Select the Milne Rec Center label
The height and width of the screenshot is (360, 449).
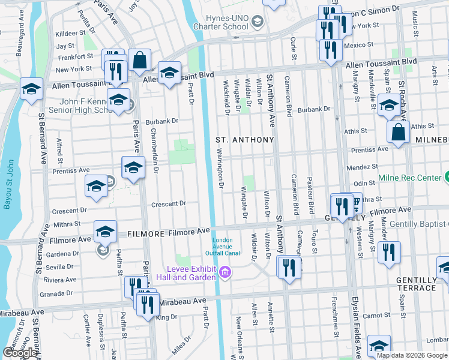[x=409, y=178]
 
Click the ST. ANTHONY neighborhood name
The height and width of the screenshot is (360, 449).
[x=244, y=140]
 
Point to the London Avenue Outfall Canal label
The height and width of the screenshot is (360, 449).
[x=226, y=247]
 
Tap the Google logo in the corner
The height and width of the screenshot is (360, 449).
[x=20, y=353]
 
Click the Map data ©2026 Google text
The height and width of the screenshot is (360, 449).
[x=412, y=355]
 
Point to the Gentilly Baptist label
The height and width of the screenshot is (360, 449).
[x=419, y=224]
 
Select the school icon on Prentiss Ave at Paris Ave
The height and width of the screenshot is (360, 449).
[x=133, y=167]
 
